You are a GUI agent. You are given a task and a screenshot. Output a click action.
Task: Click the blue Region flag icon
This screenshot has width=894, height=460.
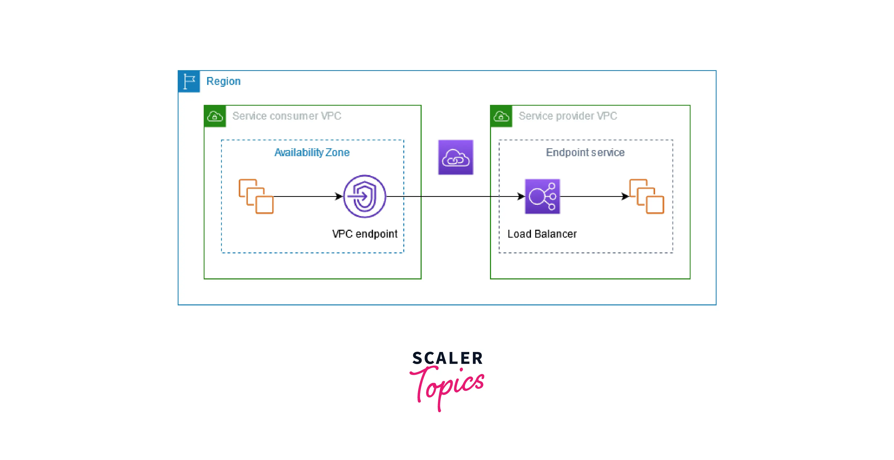tap(189, 81)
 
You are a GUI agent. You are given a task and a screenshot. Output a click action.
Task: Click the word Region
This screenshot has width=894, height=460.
tap(223, 81)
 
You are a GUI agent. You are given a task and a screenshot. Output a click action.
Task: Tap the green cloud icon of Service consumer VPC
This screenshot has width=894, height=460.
tap(215, 116)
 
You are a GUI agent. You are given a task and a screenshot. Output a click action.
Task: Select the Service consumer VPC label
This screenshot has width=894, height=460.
tap(287, 116)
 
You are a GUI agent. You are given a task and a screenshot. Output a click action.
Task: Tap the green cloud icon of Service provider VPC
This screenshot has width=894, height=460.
tap(501, 116)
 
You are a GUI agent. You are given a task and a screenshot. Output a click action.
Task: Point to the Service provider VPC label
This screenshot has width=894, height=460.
tap(568, 116)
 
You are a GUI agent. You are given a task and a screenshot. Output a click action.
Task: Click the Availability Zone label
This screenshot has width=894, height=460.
tap(312, 152)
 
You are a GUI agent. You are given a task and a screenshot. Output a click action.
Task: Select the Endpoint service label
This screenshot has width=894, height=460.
tap(585, 152)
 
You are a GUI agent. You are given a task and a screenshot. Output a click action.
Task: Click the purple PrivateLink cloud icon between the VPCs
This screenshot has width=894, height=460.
tap(456, 157)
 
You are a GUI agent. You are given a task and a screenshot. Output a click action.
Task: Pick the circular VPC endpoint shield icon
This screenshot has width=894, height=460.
tap(364, 197)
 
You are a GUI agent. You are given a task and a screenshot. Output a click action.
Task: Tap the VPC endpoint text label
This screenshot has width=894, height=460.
tap(364, 234)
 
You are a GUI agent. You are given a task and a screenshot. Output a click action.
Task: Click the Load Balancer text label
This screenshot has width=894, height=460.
tap(542, 234)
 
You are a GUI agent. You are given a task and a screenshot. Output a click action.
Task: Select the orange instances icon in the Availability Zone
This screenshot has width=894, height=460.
tap(256, 197)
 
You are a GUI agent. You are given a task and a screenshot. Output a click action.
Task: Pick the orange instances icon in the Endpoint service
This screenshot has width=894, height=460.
tap(647, 197)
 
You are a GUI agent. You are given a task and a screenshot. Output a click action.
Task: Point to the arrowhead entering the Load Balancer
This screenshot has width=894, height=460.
tap(520, 197)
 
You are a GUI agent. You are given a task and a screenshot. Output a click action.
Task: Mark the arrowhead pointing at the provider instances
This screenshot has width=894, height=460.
tap(625, 197)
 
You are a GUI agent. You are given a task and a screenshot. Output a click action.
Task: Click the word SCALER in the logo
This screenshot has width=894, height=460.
tap(447, 358)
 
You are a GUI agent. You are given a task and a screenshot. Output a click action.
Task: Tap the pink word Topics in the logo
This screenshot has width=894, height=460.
tap(448, 385)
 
